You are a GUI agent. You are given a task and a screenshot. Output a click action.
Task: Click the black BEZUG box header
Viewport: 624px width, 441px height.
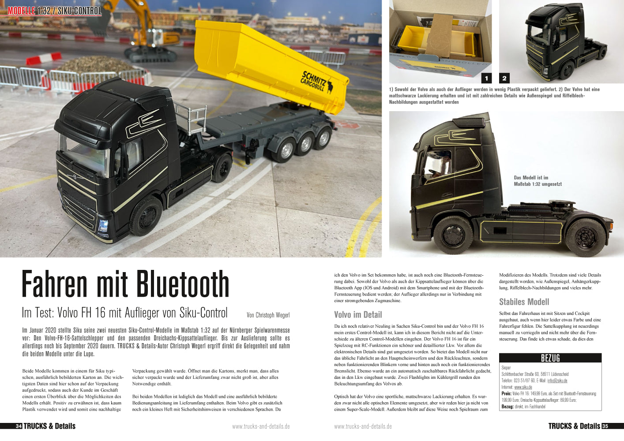click(x=550, y=358)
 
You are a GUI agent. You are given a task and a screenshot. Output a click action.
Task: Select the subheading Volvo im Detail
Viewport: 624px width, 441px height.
click(x=358, y=314)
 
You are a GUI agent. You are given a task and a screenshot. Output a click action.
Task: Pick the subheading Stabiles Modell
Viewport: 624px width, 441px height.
click(x=524, y=302)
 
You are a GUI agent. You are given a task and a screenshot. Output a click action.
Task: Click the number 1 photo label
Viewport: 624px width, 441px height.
click(x=486, y=78)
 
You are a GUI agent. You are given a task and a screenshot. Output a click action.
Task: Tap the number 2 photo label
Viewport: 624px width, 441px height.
click(x=504, y=78)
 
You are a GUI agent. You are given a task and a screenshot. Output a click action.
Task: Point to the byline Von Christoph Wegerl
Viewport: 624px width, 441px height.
click(x=268, y=315)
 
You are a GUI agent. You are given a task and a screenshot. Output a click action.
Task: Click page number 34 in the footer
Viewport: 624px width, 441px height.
click(x=19, y=426)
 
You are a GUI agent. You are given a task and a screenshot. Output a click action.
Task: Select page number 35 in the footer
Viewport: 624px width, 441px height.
click(x=605, y=426)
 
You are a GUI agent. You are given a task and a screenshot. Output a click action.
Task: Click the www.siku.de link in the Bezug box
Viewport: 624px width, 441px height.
click(x=523, y=387)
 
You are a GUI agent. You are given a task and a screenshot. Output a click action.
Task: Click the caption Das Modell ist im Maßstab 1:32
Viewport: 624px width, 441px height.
click(x=538, y=181)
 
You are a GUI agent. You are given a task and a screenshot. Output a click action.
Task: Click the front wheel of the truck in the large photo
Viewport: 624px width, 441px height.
click(x=146, y=216)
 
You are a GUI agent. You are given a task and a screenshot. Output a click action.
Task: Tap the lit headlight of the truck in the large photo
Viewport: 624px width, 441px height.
click(x=103, y=226)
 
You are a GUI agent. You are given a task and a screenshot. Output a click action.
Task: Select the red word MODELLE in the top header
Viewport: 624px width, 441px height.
click(x=21, y=11)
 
